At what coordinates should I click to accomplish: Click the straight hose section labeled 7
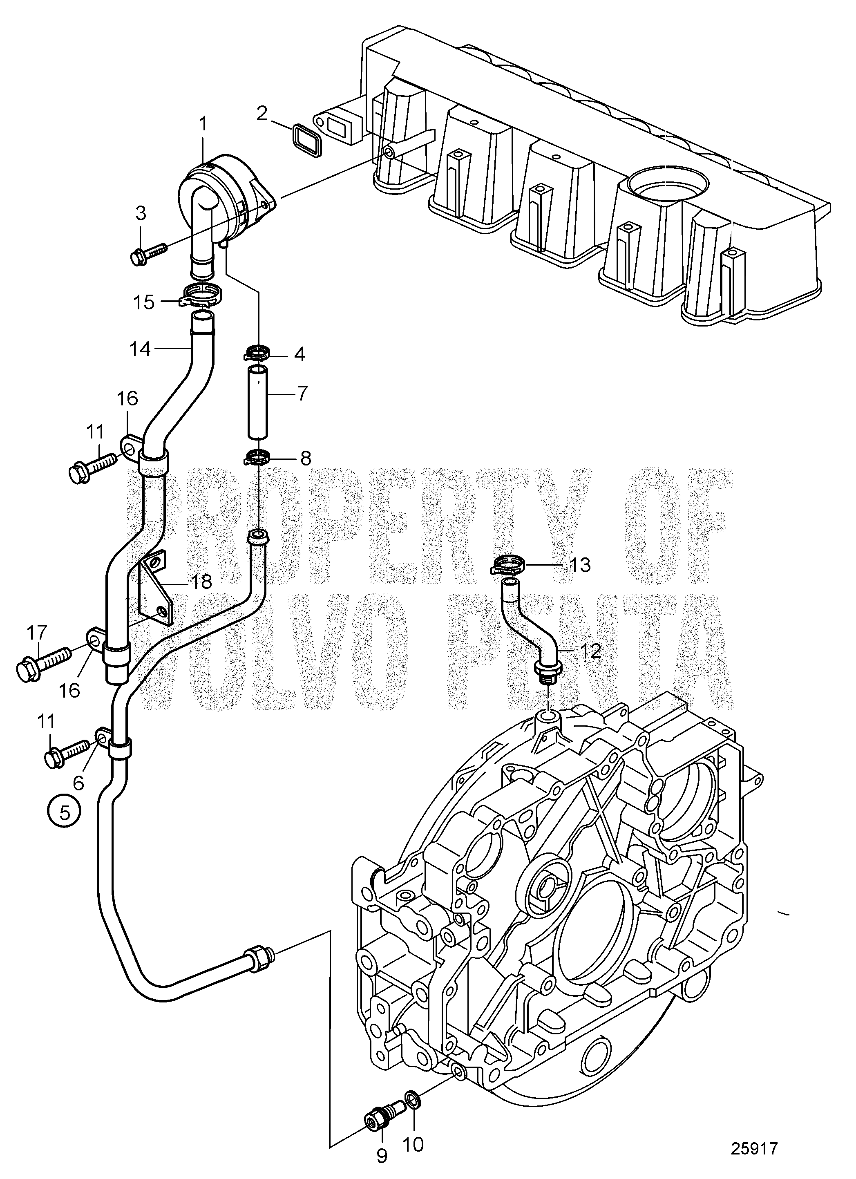coord(257,403)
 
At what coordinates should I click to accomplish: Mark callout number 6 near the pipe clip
coord(79,781)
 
